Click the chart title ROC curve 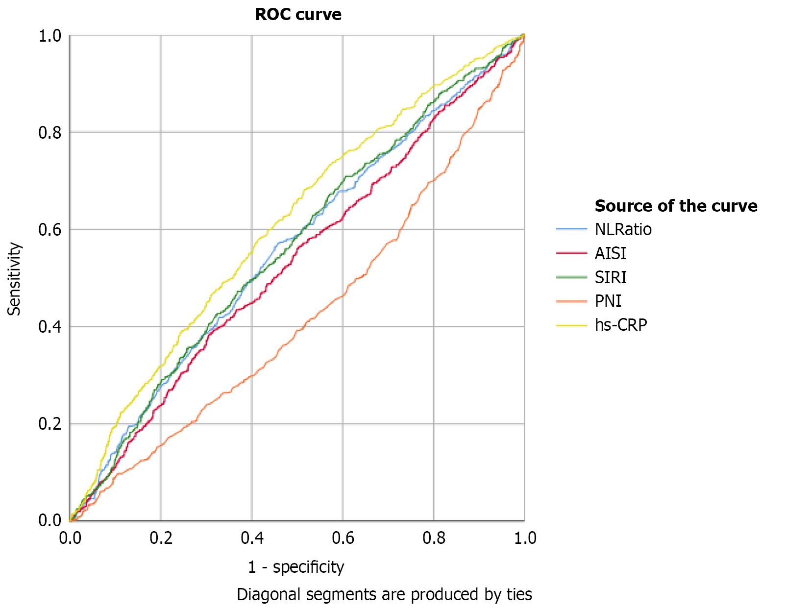pos(298,15)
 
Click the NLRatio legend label pos(623,229)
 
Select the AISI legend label pos(610,253)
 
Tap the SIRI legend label pos(610,277)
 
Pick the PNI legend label pos(608,301)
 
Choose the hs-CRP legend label pos(620,325)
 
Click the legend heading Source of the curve pos(676,206)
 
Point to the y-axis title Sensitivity pos(15,278)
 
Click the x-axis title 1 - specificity pos(295,567)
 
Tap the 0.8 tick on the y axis pos(49,132)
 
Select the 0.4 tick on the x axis pos(252,538)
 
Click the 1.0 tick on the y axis pos(49,36)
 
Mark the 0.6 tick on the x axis pos(343,538)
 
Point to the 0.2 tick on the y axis pos(49,424)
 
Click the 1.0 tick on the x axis pos(525,538)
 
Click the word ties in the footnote pos(519,594)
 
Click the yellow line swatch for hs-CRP pos(571,325)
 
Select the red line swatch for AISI pos(571,253)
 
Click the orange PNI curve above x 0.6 pos(343,295)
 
